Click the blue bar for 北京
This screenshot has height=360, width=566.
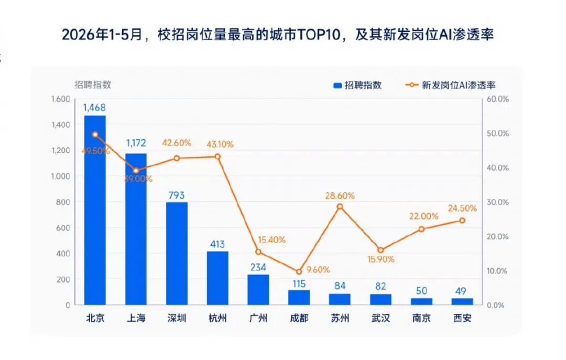click(95, 210)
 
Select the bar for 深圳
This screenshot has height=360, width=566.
click(177, 254)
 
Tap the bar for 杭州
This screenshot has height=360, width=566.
click(217, 278)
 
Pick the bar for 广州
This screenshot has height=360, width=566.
click(258, 290)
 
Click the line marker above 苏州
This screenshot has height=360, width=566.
click(340, 206)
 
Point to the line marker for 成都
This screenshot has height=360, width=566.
click(299, 272)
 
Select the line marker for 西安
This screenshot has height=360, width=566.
click(462, 221)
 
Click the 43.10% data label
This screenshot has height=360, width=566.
click(220, 145)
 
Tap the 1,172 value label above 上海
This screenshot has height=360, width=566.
click(136, 143)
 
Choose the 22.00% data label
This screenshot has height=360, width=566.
click(424, 216)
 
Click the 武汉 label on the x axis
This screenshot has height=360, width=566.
click(381, 318)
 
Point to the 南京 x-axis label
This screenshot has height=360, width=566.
click(421, 318)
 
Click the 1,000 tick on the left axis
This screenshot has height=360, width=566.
click(61, 176)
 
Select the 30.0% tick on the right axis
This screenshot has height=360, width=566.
click(498, 202)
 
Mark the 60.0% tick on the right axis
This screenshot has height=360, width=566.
click(498, 99)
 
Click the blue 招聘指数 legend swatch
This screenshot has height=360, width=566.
click(338, 85)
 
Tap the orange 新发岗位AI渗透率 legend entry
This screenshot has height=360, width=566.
click(451, 85)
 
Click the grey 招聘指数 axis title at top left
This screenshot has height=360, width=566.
click(93, 84)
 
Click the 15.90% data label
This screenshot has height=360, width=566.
click(381, 259)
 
